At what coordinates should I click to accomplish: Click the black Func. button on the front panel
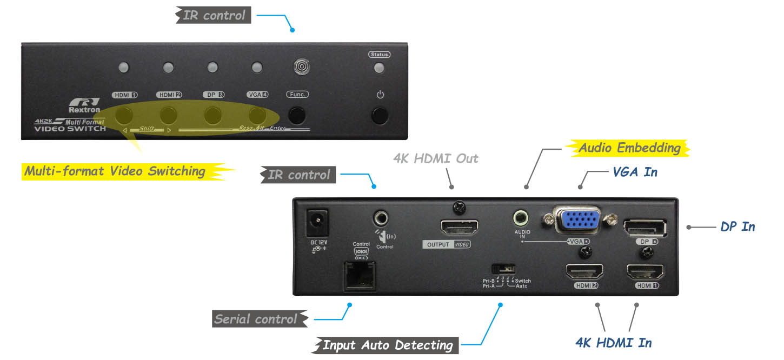[296, 115]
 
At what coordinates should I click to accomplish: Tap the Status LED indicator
[380, 68]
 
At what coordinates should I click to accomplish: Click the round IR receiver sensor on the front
[301, 67]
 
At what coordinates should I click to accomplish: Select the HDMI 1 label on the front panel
[125, 95]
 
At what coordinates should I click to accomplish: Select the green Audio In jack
[521, 218]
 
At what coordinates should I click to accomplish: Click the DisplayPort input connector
[645, 227]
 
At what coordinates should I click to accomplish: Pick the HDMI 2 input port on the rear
[584, 271]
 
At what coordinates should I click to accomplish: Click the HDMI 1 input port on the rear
[645, 271]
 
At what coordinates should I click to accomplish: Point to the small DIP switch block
[503, 268]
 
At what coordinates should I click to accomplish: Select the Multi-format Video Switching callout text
[115, 171]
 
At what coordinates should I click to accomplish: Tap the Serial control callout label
[256, 319]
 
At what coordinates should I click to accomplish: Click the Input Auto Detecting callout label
[387, 345]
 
